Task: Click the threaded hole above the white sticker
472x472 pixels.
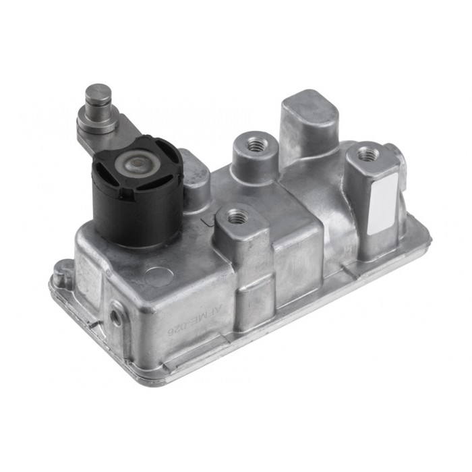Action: pos(368,154)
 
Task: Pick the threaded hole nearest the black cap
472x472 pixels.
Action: pos(237,217)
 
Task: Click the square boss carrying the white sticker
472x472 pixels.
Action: pos(375,202)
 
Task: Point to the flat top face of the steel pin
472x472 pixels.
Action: pos(98,91)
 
